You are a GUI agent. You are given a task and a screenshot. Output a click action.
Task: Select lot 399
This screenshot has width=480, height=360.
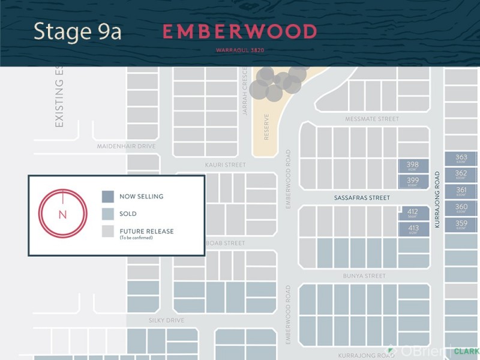pyautogui.click(x=413, y=182)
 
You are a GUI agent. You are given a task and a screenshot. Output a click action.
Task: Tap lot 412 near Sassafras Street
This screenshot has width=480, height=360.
pyautogui.click(x=413, y=214)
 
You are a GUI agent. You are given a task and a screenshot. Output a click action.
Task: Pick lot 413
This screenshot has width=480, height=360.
pyautogui.click(x=413, y=229)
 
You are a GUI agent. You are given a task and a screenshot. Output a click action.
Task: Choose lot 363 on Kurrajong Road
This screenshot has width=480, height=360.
pyautogui.click(x=461, y=159)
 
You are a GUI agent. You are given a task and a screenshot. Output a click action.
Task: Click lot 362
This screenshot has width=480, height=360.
pyautogui.click(x=461, y=175)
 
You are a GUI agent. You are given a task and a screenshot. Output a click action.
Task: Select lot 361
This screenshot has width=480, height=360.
pyautogui.click(x=461, y=191)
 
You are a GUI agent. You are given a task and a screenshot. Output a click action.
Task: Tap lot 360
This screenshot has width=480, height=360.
pyautogui.click(x=461, y=208)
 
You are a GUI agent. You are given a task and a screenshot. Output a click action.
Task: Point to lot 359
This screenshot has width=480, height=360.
pyautogui.click(x=461, y=225)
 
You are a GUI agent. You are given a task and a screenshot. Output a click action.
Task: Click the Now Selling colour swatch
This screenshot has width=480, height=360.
pyautogui.click(x=108, y=196)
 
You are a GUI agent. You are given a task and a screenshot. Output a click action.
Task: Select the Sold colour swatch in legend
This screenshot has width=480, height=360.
pyautogui.click(x=108, y=214)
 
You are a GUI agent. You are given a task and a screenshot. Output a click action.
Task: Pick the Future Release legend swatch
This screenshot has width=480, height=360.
pyautogui.click(x=108, y=232)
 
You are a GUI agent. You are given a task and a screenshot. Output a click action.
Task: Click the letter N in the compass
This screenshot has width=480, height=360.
pyautogui.click(x=62, y=215)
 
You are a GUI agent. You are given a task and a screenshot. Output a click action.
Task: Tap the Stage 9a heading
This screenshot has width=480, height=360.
pyautogui.click(x=77, y=32)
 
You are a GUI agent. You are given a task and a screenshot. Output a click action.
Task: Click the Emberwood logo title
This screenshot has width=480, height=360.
pyautogui.click(x=240, y=32)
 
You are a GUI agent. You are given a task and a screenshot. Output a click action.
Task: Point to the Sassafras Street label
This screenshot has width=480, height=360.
pyautogui.click(x=362, y=197)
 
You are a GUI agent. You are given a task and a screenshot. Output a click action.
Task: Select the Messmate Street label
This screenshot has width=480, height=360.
pyautogui.click(x=372, y=119)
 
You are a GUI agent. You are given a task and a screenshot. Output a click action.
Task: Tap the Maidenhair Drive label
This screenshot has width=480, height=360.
pyautogui.click(x=126, y=146)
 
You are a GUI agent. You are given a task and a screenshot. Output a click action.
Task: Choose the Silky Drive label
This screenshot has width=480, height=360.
pyautogui.click(x=166, y=320)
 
